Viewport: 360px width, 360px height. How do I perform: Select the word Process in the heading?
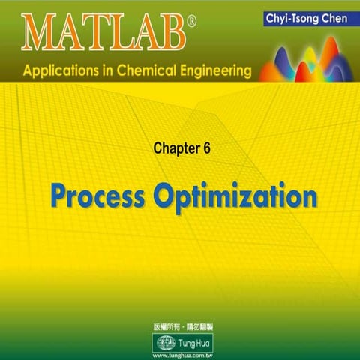[x=92, y=196]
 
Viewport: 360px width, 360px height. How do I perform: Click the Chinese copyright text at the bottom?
[x=179, y=328]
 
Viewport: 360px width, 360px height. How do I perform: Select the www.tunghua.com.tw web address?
[x=179, y=354]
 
